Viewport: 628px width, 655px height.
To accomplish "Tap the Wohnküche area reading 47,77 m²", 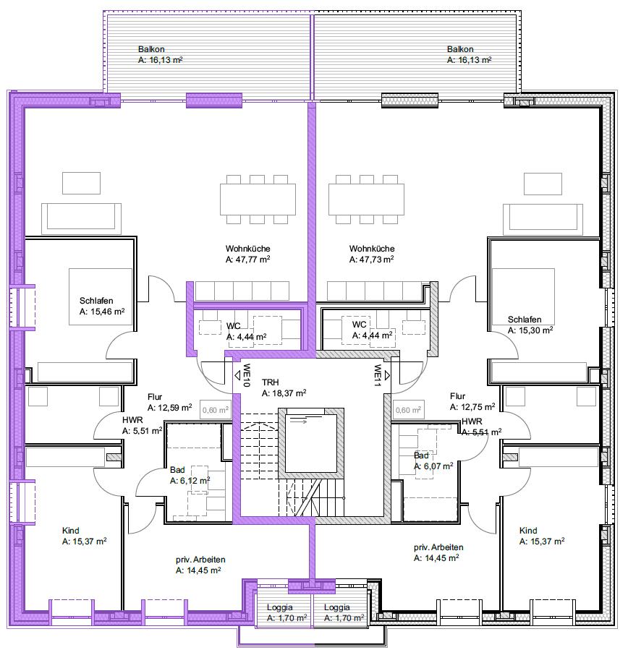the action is point(247,260).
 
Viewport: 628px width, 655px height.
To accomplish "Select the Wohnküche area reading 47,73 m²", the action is point(372,260).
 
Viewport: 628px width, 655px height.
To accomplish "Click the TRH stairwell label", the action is point(270,382).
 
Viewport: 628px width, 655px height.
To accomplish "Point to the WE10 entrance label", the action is point(247,375).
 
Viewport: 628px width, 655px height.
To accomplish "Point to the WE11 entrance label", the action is point(378,375).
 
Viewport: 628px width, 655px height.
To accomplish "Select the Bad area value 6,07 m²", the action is point(433,466).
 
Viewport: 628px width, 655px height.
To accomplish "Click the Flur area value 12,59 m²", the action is point(170,408).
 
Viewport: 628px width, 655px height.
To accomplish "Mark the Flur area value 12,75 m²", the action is point(472,407).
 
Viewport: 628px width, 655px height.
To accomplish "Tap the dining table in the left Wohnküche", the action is point(258,200).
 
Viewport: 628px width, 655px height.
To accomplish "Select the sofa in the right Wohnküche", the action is point(543,219).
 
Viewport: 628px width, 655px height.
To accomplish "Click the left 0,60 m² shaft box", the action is point(216,410).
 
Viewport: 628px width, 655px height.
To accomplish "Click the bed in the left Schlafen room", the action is point(101,296).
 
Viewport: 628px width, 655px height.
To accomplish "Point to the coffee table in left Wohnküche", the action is point(82,183).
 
